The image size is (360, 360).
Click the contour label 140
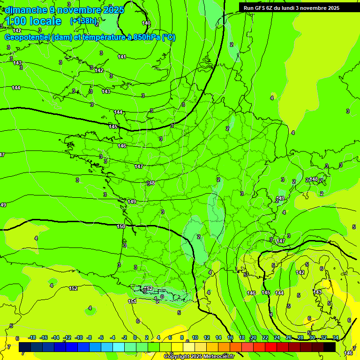pos(146,23)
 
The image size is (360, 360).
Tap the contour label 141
pos(122,57)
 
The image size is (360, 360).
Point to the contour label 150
pos(121,226)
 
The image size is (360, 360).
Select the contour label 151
pos(133,301)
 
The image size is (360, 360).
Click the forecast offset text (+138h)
pos(84,21)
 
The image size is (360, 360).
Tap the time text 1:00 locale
pos(33,21)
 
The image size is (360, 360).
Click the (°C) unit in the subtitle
pos(169,37)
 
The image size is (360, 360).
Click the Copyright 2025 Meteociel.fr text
pos(199,357)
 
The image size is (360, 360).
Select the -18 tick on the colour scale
pos(32,337)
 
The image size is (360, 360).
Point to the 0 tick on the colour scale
pos(135,337)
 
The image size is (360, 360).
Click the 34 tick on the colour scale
pos(336,337)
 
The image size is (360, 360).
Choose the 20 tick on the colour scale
pos(254,337)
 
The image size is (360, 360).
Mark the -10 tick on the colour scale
pos(79,337)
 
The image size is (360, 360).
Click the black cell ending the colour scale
pos(330,347)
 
